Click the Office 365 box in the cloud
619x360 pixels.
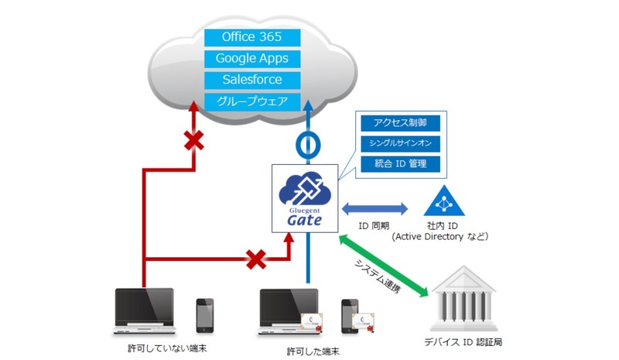251,37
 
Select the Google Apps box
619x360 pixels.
251,59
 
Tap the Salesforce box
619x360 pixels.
251,80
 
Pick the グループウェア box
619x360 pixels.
251,101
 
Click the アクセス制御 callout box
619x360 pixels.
399,123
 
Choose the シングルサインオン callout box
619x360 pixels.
399,143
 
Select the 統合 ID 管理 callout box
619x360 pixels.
399,163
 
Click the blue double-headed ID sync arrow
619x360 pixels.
374,207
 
